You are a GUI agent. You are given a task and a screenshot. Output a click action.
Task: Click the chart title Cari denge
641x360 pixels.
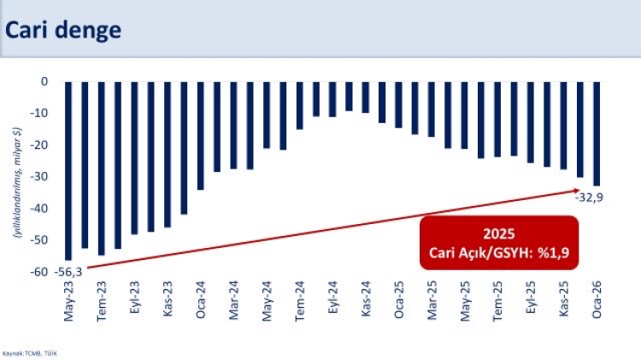[64, 30]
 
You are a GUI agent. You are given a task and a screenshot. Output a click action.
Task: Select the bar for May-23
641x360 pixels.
[68, 170]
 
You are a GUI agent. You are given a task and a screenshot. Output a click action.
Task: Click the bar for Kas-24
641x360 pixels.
[365, 97]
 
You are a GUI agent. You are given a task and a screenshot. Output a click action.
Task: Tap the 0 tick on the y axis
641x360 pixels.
[44, 81]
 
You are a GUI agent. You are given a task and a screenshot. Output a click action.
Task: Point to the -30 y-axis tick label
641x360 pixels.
[39, 177]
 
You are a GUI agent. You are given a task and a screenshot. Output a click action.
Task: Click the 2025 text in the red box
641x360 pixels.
[497, 233]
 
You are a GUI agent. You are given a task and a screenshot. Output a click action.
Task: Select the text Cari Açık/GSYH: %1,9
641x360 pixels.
[497, 252]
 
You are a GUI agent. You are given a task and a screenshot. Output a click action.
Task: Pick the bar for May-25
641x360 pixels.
[464, 115]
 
